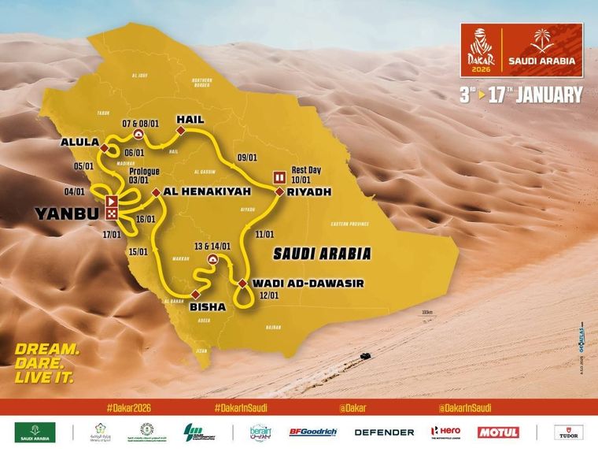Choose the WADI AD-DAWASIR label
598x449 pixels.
(308, 283)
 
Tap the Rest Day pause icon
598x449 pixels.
(279, 176)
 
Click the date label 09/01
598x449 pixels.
(247, 157)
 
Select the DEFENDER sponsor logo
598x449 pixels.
(384, 432)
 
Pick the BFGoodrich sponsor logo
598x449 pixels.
(312, 432)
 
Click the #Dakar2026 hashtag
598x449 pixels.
(127, 408)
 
